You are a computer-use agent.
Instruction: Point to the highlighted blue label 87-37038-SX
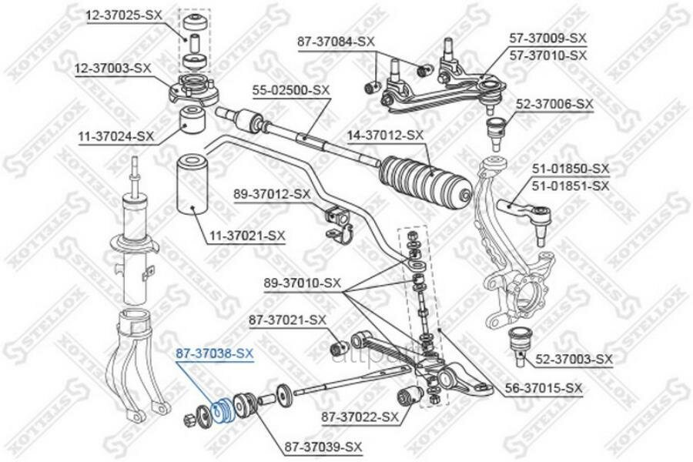coord(213,353)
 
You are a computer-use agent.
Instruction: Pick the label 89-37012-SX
coord(273,194)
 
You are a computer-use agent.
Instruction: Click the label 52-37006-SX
coord(554,102)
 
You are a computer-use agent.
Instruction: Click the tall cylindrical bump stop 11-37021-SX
coord(193,185)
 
